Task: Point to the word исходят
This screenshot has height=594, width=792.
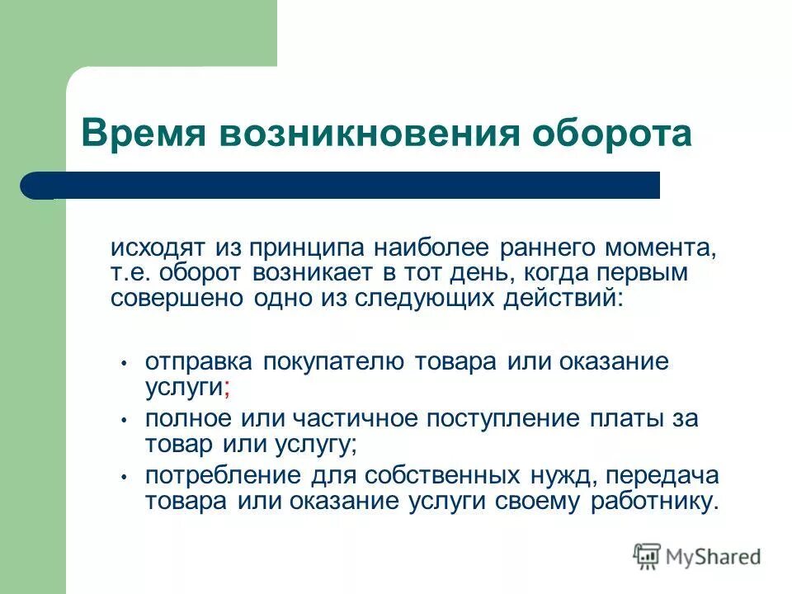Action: pyautogui.click(x=159, y=248)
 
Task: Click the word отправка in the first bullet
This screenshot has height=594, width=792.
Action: pyautogui.click(x=200, y=362)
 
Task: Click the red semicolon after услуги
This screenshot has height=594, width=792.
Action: pyautogui.click(x=226, y=387)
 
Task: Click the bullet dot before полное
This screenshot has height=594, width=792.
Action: pyautogui.click(x=122, y=420)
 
